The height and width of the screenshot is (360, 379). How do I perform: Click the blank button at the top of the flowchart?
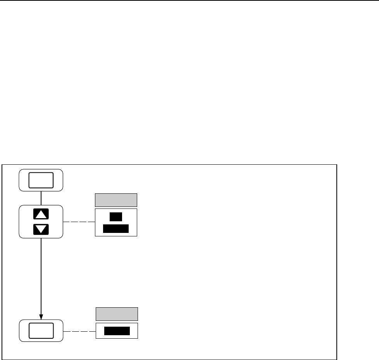[x=41, y=180]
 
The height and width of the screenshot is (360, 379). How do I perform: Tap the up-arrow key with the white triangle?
[x=41, y=214]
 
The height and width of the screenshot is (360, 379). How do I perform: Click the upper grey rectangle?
[x=116, y=200]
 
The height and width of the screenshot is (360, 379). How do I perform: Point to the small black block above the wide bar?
[x=116, y=217]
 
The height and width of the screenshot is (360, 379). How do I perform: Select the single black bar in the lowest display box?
[x=117, y=331]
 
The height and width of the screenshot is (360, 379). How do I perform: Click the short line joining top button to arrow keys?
[x=41, y=198]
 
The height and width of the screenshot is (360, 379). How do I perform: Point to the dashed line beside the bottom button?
[x=79, y=331]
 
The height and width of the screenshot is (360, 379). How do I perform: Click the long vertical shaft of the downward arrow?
[x=41, y=275]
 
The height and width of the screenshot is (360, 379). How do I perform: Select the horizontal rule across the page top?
[x=189, y=1]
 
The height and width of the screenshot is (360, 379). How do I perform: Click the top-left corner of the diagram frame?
[x=3, y=165]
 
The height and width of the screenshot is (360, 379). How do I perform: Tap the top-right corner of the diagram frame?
[x=337, y=165]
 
